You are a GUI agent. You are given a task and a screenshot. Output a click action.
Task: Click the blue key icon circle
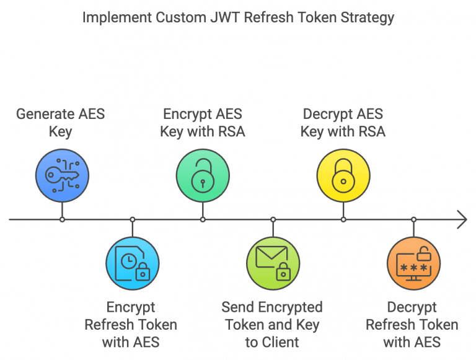pyautogui.click(x=62, y=175)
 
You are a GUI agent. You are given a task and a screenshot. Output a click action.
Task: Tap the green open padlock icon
pyautogui.click(x=203, y=175)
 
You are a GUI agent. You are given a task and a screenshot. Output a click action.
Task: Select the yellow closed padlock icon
pyautogui.click(x=343, y=175)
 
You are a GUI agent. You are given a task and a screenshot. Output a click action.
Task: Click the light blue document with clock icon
pyautogui.click(x=133, y=263)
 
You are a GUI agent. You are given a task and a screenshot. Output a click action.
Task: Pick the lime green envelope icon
pyautogui.click(x=273, y=263)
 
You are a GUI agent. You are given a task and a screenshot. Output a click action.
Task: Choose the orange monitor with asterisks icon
pyautogui.click(x=413, y=263)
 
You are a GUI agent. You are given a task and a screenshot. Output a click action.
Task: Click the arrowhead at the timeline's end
pyautogui.click(x=462, y=219)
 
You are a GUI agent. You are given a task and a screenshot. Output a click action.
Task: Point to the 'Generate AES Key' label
pyautogui.click(x=61, y=123)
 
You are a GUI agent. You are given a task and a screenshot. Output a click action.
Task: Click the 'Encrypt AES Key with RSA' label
pyautogui.click(x=203, y=123)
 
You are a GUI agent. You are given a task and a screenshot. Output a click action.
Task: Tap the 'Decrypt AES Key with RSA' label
pyautogui.click(x=343, y=123)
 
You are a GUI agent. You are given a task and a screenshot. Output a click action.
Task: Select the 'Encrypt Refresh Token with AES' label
pyautogui.click(x=131, y=324)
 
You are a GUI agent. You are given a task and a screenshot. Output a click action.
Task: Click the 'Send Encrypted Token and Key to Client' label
pyautogui.click(x=272, y=324)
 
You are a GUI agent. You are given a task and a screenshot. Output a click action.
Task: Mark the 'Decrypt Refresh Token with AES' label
pyautogui.click(x=412, y=324)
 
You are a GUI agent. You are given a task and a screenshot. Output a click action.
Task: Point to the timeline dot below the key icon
pyautogui.click(x=62, y=219)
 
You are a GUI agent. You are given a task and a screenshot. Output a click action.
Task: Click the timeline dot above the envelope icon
pyautogui.click(x=273, y=219)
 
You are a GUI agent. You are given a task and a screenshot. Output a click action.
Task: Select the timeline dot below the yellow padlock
pyautogui.click(x=343, y=219)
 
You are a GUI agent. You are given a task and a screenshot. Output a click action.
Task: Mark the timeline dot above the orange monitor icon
pyautogui.click(x=413, y=219)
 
